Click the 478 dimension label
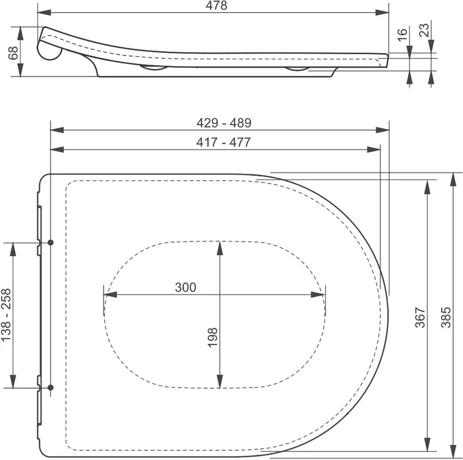click(216, 5)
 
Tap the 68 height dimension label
click(14, 53)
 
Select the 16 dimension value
click(402, 35)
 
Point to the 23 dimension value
click(424, 30)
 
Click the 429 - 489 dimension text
click(224, 123)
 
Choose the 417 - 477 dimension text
click(224, 142)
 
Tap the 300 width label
click(185, 287)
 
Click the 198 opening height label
click(212, 338)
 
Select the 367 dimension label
click(420, 317)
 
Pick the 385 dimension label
click(446, 317)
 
